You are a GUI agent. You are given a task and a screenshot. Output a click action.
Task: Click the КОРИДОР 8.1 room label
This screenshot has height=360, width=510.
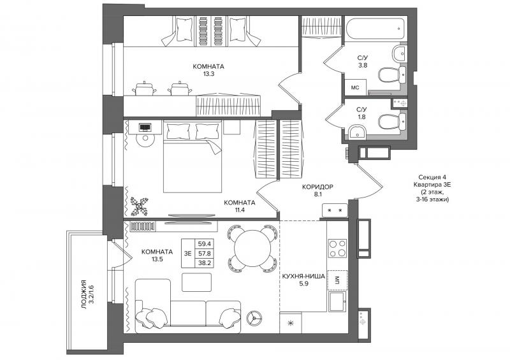[x=317, y=191]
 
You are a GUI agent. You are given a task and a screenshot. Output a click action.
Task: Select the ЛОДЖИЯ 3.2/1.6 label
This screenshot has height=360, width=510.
[x=88, y=294]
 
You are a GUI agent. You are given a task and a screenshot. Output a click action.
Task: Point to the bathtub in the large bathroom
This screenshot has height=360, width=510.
[x=375, y=29]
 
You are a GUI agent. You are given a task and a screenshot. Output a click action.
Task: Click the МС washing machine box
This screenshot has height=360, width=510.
[x=355, y=87]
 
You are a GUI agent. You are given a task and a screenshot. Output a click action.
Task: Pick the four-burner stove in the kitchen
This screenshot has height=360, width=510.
[x=337, y=248]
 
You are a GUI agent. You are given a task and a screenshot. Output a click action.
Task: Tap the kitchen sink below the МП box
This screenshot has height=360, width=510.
[x=338, y=301]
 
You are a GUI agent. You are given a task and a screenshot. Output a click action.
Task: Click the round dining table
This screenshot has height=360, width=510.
[x=252, y=248]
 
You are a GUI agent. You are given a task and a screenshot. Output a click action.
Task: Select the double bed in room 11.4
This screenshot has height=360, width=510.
[x=193, y=157]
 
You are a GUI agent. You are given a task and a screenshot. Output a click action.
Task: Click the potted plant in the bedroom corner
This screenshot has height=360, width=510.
[x=139, y=206]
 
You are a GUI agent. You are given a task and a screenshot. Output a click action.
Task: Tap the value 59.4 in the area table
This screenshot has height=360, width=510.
[x=203, y=243]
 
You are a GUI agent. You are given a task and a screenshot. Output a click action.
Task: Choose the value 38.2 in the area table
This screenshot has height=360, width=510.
[x=203, y=263]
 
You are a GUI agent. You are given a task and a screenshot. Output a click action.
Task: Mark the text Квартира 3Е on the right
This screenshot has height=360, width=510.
[x=432, y=185]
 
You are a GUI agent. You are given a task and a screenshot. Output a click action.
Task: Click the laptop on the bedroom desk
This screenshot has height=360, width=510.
[x=145, y=127]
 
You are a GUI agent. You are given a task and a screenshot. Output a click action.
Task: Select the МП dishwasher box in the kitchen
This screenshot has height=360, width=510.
[x=337, y=280]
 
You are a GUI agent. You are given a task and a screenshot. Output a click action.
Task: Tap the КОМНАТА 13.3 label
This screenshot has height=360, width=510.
[x=208, y=70]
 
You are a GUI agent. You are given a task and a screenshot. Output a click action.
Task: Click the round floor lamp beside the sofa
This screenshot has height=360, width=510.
[x=254, y=317]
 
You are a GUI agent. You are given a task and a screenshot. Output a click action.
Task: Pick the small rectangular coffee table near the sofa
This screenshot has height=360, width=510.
[x=196, y=282]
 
